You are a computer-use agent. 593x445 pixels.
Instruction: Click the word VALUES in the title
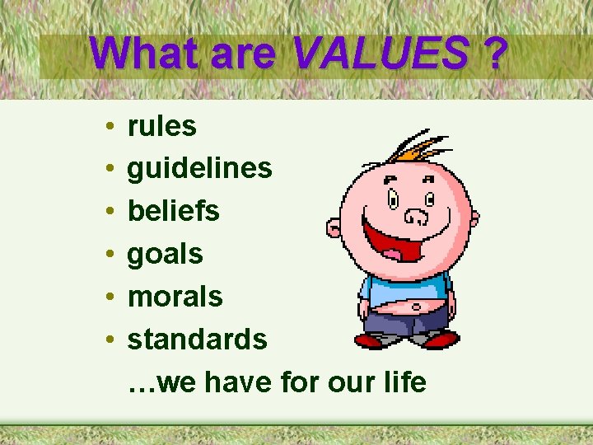381,54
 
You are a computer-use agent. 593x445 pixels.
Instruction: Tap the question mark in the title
495,54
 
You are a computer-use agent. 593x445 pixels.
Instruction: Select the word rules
161,126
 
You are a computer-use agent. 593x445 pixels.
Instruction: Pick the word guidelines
199,169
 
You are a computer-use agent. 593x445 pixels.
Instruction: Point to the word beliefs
173,211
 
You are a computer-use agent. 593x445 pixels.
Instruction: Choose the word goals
165,255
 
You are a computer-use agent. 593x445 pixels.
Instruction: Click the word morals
175,297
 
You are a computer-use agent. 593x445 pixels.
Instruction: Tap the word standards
197,340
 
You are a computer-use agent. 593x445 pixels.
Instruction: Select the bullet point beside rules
110,128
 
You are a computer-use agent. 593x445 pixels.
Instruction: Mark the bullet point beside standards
110,340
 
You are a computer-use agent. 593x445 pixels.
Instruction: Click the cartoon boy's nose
418,217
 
